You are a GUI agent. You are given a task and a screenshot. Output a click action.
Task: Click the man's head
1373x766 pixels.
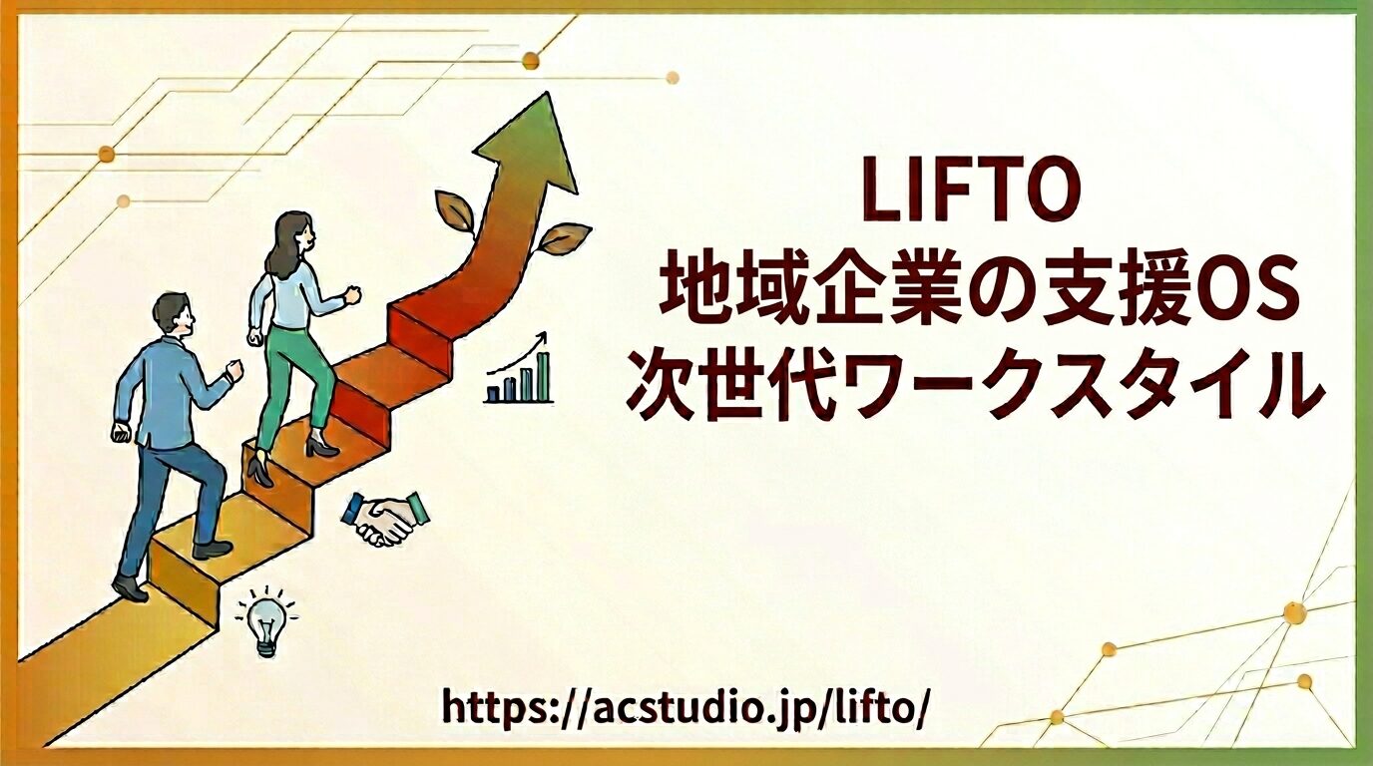coord(174,318)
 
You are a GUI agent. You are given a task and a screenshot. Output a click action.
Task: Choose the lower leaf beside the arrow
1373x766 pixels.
coord(563,237)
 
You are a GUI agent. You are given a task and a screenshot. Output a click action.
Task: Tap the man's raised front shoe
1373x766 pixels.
coord(213,548)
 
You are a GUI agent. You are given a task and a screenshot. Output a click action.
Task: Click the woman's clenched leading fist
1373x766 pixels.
coord(351,295)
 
